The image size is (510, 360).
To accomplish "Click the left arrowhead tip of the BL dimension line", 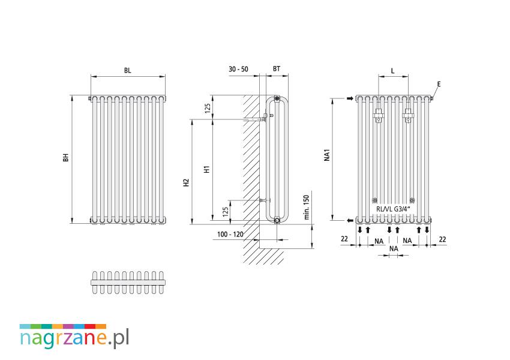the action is click(x=91, y=77).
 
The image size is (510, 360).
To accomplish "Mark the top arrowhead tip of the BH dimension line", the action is click(x=72, y=95).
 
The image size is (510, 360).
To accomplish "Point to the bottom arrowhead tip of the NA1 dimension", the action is click(x=333, y=220).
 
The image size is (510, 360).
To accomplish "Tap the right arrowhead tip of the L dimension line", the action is click(x=408, y=77).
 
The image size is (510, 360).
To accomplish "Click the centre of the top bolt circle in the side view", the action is click(x=277, y=98).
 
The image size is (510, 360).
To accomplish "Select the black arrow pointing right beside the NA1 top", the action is click(x=350, y=98).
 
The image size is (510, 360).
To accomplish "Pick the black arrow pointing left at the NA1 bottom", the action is click(x=350, y=221).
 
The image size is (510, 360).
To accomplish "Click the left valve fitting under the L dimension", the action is click(x=379, y=115).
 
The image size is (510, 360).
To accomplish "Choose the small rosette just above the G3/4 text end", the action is click(x=412, y=200).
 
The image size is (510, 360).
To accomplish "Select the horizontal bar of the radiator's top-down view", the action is click(x=128, y=282).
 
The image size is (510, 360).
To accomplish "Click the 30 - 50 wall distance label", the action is click(x=238, y=69).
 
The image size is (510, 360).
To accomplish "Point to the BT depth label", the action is click(x=277, y=68).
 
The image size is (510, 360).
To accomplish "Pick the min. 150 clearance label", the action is click(x=306, y=207).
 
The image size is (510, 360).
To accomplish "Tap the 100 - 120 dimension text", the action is click(x=230, y=234).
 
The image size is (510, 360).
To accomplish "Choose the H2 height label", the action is click(x=186, y=182).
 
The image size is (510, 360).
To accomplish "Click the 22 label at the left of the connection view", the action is click(x=344, y=239).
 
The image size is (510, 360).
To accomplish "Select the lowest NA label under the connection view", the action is click(x=394, y=248).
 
